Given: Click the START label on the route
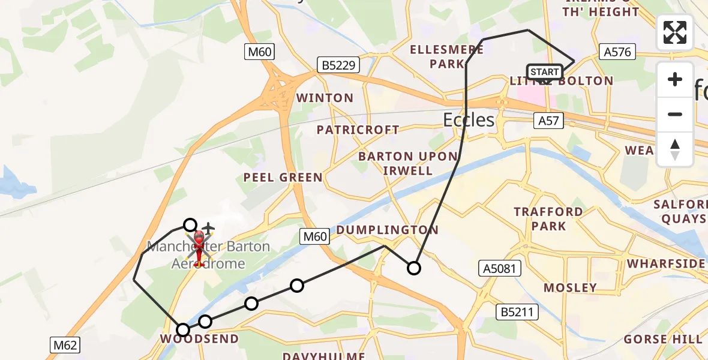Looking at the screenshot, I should coord(545,72).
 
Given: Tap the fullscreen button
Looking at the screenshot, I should coord(675,32).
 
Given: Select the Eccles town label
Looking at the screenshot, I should coord(469,120).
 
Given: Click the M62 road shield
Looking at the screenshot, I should coord(64,345).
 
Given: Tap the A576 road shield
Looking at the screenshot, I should coord(617,52).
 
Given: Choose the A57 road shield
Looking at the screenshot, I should coord(548,121).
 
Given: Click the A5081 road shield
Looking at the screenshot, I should coord(499,268).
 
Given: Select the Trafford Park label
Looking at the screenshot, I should coord(548,219).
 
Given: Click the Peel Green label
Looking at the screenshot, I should coord(283,178).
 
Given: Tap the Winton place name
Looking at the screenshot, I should coord(325,98).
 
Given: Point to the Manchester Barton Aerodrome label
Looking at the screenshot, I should coord(209,255).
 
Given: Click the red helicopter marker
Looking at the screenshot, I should coord(199,246).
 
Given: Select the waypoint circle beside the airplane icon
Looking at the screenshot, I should coord(190,225).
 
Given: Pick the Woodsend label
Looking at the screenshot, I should coord(199,339).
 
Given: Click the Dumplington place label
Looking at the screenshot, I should coord(388,230).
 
